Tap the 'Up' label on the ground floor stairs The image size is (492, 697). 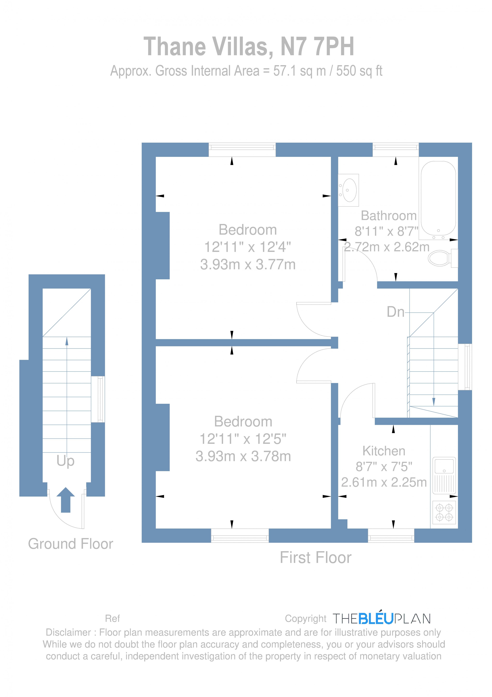65,461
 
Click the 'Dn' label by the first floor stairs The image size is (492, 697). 395,312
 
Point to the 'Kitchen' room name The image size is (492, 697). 384,451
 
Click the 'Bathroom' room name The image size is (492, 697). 389,216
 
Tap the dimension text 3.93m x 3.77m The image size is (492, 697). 247,264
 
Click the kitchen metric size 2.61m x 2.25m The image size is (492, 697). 384,482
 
